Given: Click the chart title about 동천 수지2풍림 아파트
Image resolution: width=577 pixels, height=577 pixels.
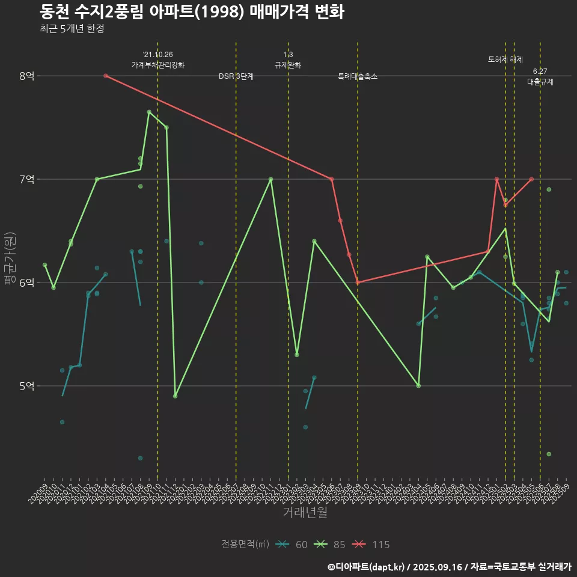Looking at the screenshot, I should [192, 12].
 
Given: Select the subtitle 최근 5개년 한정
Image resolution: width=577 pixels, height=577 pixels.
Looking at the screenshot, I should [72, 29].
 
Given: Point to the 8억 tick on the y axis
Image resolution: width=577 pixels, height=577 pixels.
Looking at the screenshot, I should [27, 76].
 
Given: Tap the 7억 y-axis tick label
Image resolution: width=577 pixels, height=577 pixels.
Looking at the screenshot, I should [27, 179].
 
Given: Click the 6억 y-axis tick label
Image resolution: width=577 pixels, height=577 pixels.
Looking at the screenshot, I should [27, 282].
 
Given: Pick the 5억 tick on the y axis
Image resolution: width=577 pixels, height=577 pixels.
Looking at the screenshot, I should [27, 386].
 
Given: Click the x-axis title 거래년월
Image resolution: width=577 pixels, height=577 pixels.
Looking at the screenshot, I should [305, 512].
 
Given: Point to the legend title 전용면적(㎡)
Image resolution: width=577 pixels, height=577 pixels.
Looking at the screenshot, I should [245, 545].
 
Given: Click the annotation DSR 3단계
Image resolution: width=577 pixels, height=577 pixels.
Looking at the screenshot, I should [236, 76].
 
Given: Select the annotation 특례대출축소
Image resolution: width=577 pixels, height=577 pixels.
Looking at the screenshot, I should [358, 76].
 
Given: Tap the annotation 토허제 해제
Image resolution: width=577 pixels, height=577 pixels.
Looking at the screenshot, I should [505, 60].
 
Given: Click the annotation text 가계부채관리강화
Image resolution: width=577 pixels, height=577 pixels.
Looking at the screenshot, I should [158, 64].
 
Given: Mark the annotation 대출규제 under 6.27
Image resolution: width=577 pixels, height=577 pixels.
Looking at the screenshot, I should [540, 82].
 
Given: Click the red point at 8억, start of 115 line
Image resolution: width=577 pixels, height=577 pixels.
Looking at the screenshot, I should [105, 76].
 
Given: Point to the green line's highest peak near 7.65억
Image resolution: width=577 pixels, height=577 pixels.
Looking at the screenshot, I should [149, 112].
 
